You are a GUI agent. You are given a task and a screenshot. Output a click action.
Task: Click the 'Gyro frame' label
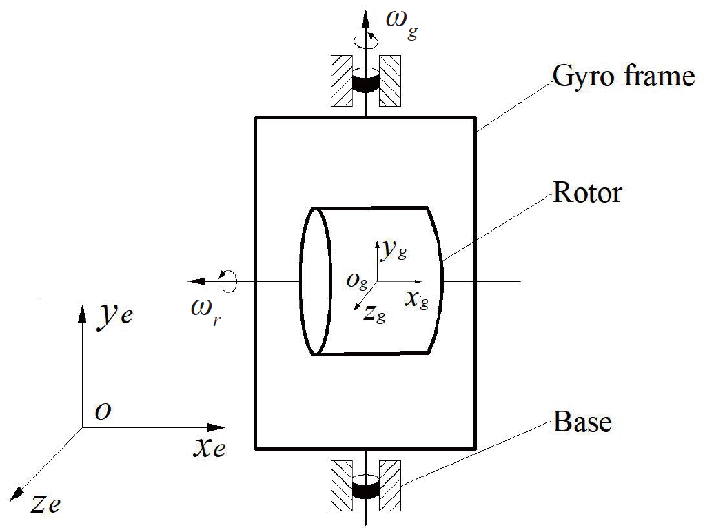(x=624, y=75)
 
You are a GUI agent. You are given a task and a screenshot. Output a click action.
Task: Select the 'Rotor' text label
(x=587, y=193)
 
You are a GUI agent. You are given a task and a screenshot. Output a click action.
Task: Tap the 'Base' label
(x=582, y=421)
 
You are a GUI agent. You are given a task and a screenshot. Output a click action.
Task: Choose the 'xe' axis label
(x=209, y=448)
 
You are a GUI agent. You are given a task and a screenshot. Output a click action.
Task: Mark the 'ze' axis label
(x=46, y=504)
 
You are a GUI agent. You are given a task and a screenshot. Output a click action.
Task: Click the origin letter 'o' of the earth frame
(x=103, y=412)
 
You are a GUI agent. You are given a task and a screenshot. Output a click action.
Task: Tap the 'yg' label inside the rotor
(x=395, y=250)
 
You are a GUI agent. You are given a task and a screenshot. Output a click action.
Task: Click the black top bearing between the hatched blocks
(x=365, y=82)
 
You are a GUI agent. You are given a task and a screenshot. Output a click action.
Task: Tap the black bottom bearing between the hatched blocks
(x=365, y=489)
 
